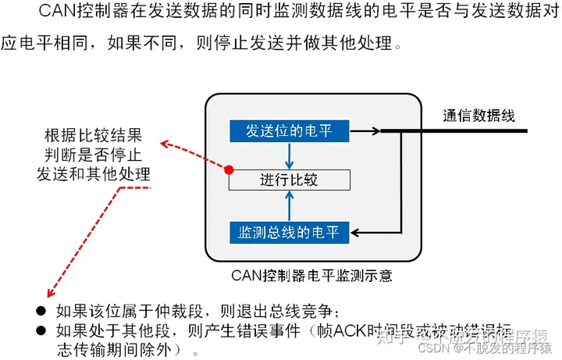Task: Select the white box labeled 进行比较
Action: (x=290, y=180)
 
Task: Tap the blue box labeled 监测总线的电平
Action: (x=290, y=232)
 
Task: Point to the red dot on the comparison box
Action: (x=229, y=169)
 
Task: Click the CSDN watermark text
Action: (x=433, y=347)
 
